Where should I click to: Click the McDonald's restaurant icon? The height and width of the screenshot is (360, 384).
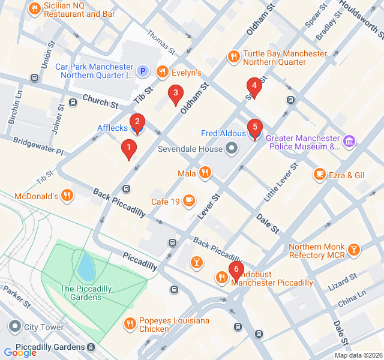67,195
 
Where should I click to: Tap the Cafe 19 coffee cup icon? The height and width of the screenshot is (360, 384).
189,201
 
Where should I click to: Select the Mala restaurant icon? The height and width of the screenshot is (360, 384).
205,173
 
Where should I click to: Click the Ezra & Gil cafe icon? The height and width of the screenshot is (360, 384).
319,175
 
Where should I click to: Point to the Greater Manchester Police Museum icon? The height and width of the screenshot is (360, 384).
349,142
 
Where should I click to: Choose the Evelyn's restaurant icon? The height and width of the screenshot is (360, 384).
162,72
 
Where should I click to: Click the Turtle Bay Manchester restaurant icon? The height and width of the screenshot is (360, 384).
234,57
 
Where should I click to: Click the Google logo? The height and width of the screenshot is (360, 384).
20,353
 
